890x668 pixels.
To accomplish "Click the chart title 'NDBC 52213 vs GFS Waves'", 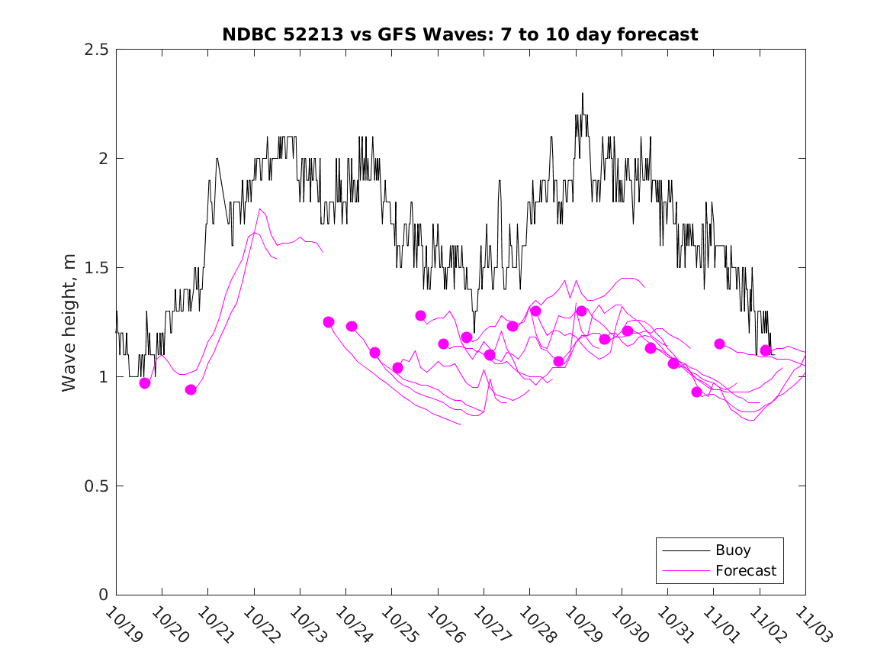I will [x=460, y=34].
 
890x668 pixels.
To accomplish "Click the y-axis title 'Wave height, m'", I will [x=69, y=322].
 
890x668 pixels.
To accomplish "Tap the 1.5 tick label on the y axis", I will [x=98, y=268].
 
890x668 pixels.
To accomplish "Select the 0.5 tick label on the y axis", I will [x=98, y=486].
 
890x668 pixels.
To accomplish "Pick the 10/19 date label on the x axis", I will [x=122, y=622].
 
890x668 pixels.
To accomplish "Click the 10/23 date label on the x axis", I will [x=306, y=622].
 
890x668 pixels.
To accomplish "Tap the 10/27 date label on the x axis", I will [x=490, y=622].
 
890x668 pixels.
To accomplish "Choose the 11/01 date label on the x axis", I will [x=719, y=622].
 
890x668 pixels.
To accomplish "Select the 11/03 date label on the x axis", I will [x=811, y=622].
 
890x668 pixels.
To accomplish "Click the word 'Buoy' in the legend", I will [x=733, y=550].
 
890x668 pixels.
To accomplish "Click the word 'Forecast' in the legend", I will [x=745, y=570].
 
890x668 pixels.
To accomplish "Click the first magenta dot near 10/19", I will [x=145, y=383].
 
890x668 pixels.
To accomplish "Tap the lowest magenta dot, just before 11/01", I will [x=696, y=392].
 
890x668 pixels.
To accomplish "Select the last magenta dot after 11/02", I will [x=765, y=350].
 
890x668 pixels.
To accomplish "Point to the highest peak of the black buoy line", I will [x=582, y=93].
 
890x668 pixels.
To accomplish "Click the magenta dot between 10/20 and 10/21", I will [x=191, y=390].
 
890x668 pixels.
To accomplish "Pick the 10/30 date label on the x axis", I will [x=628, y=622].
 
